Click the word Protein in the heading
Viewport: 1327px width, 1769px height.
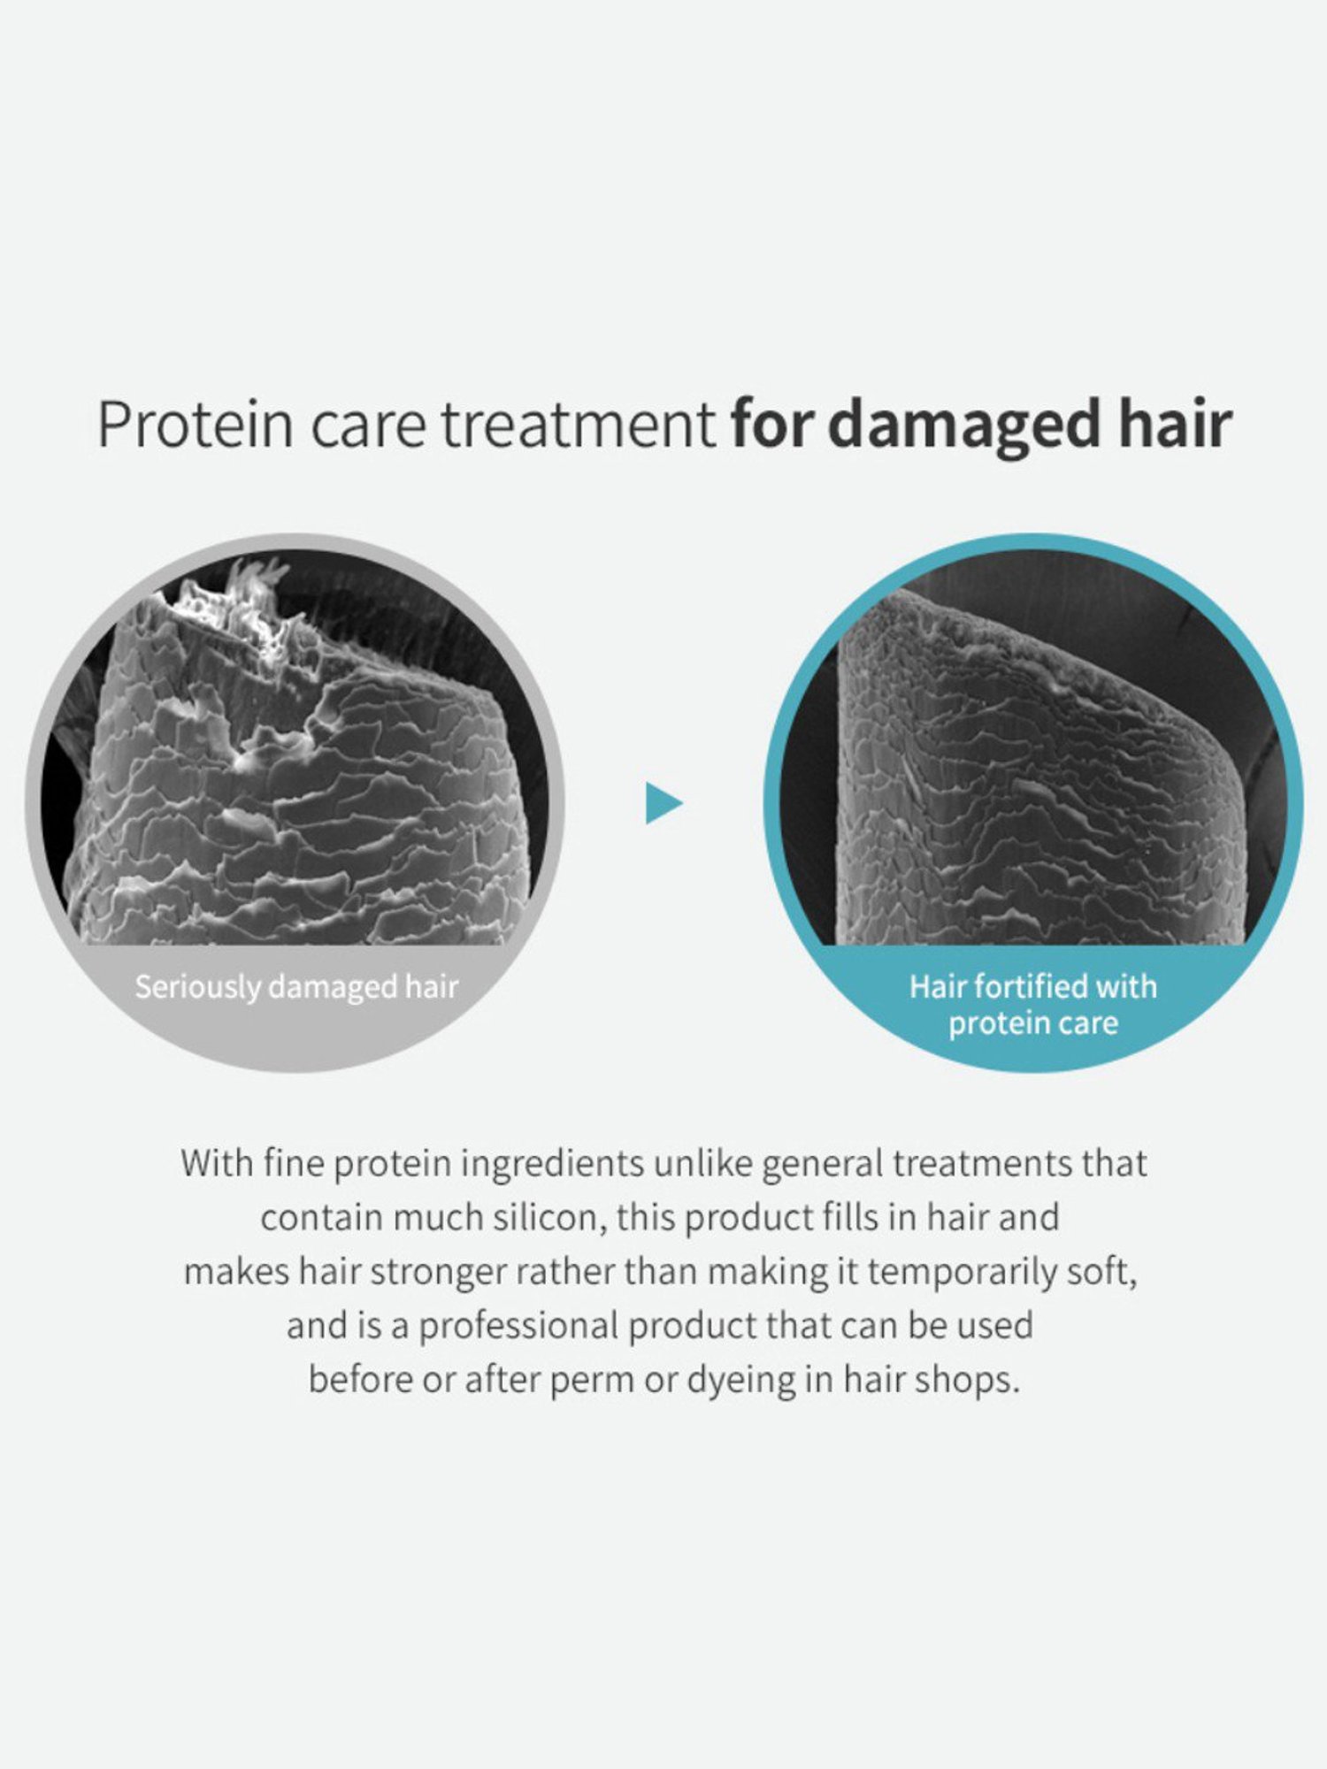[x=195, y=425]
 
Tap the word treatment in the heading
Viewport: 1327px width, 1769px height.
[x=578, y=425]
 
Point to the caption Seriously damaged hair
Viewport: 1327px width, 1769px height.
[x=296, y=987]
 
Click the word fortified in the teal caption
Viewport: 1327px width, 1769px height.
[x=1035, y=986]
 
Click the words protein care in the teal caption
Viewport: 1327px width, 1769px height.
[x=1033, y=1023]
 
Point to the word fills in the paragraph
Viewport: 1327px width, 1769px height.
[x=852, y=1218]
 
